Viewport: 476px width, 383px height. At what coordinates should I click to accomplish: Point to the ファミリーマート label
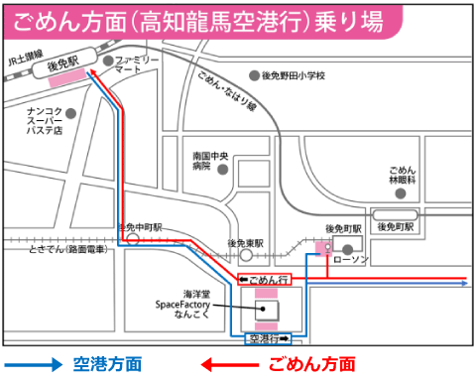[136, 66]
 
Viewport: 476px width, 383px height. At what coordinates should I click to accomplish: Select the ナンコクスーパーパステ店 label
[45, 120]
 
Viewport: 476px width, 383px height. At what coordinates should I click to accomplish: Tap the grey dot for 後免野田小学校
[254, 75]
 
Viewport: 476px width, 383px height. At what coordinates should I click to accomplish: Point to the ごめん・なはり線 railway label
[227, 90]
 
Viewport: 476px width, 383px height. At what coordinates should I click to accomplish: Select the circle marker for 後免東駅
[242, 255]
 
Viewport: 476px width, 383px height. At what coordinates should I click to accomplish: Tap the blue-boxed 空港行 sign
[267, 339]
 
